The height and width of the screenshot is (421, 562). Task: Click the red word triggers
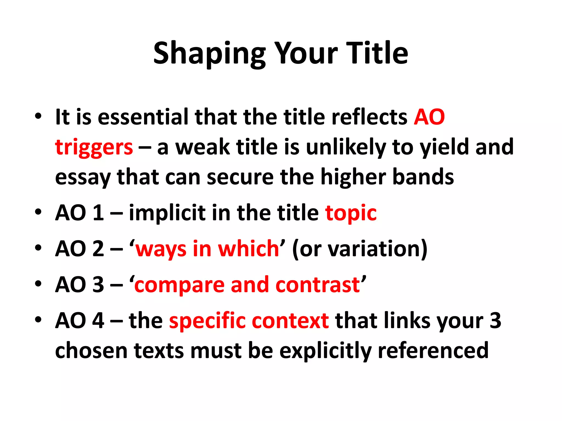click(x=94, y=147)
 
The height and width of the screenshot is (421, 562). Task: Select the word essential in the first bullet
click(x=143, y=117)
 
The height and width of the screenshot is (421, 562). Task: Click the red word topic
click(x=351, y=213)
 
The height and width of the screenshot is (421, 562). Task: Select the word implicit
click(x=167, y=213)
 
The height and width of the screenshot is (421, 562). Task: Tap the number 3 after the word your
click(x=495, y=321)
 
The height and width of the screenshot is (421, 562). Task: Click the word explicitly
click(x=325, y=351)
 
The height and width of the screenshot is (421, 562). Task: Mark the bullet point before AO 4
click(x=38, y=320)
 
